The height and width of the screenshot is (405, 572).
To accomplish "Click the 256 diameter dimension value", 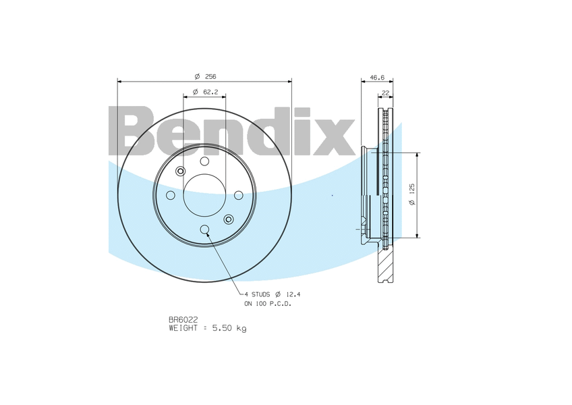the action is coord(210,76).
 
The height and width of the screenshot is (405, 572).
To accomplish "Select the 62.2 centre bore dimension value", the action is coord(210,92).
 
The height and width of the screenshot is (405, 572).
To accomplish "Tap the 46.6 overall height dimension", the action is coord(377,78).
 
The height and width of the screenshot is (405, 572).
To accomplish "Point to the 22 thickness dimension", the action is coord(385,92).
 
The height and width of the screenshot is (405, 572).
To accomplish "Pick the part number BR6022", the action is coord(183,320).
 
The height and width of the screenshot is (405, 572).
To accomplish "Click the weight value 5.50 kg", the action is coord(229,328).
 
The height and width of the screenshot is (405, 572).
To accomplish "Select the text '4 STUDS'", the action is coord(257,294).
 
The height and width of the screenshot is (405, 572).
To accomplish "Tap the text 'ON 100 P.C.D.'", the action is coord(268,304).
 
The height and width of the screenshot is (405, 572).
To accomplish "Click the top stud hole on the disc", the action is coord(204,161).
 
